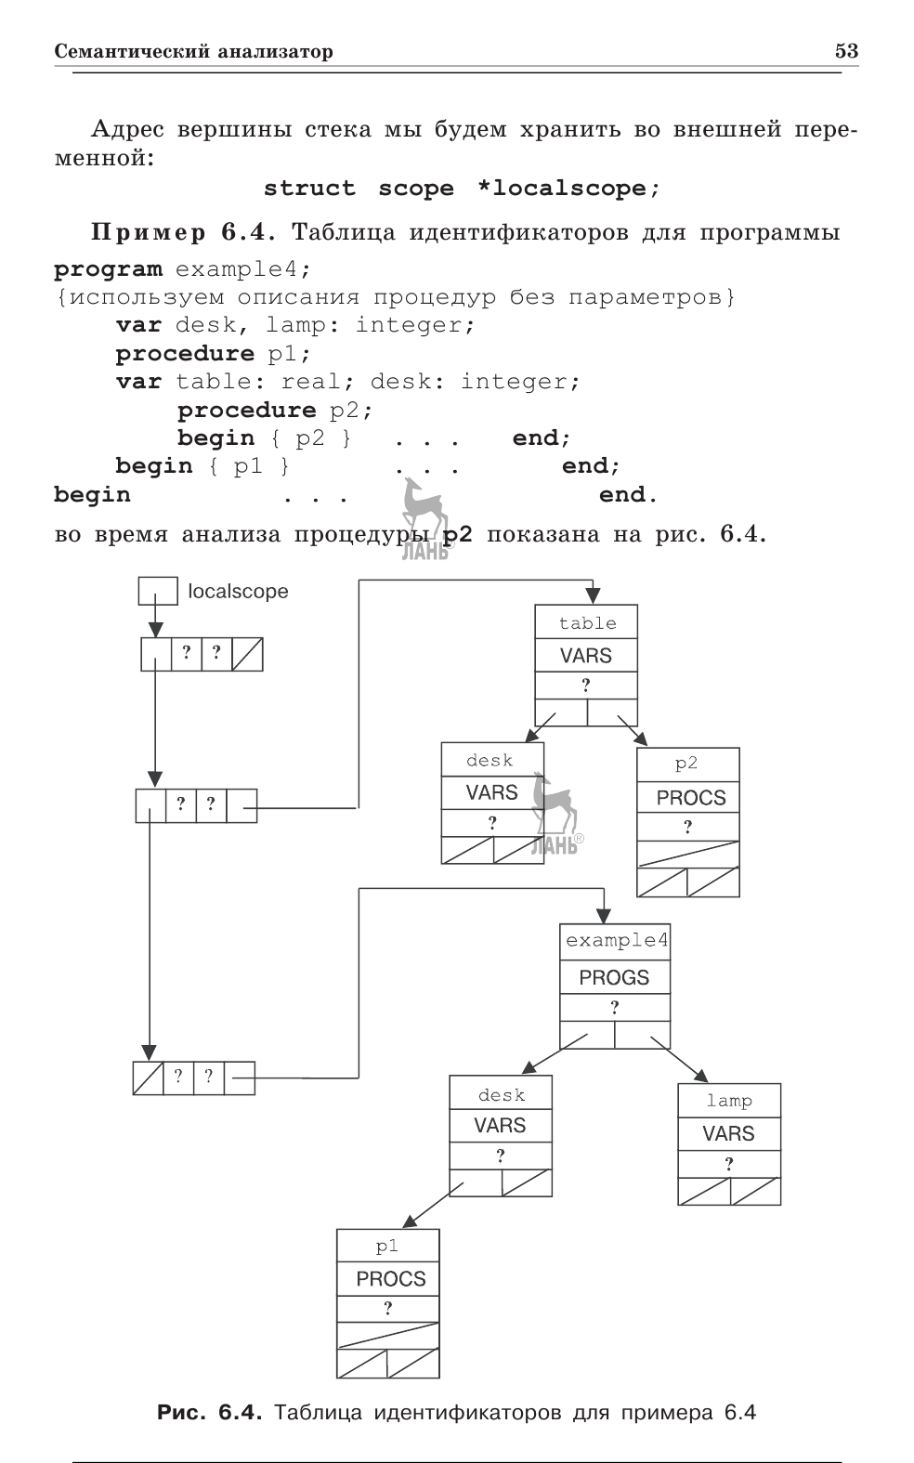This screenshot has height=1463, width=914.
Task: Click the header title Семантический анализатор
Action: click(x=193, y=51)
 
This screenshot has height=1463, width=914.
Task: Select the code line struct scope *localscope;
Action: click(x=462, y=189)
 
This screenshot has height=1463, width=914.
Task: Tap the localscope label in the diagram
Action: click(x=238, y=592)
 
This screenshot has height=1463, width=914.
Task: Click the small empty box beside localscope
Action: click(x=157, y=591)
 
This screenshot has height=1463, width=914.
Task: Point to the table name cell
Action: click(x=586, y=623)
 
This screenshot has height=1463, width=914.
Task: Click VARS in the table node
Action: click(x=586, y=656)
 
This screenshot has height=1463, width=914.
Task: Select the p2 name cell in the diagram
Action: click(x=687, y=764)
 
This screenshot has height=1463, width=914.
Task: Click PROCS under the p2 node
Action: click(x=690, y=798)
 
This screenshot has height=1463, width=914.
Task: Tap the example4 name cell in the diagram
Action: click(x=615, y=940)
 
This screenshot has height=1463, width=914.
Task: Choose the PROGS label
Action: click(x=614, y=977)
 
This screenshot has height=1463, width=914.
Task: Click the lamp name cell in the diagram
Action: click(x=729, y=1101)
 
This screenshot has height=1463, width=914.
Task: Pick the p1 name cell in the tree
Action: click(x=387, y=1247)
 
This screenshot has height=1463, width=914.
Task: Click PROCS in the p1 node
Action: click(x=390, y=1279)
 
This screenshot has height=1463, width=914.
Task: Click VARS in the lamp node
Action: click(x=728, y=1133)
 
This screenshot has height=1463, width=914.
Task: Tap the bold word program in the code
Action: click(x=108, y=269)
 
